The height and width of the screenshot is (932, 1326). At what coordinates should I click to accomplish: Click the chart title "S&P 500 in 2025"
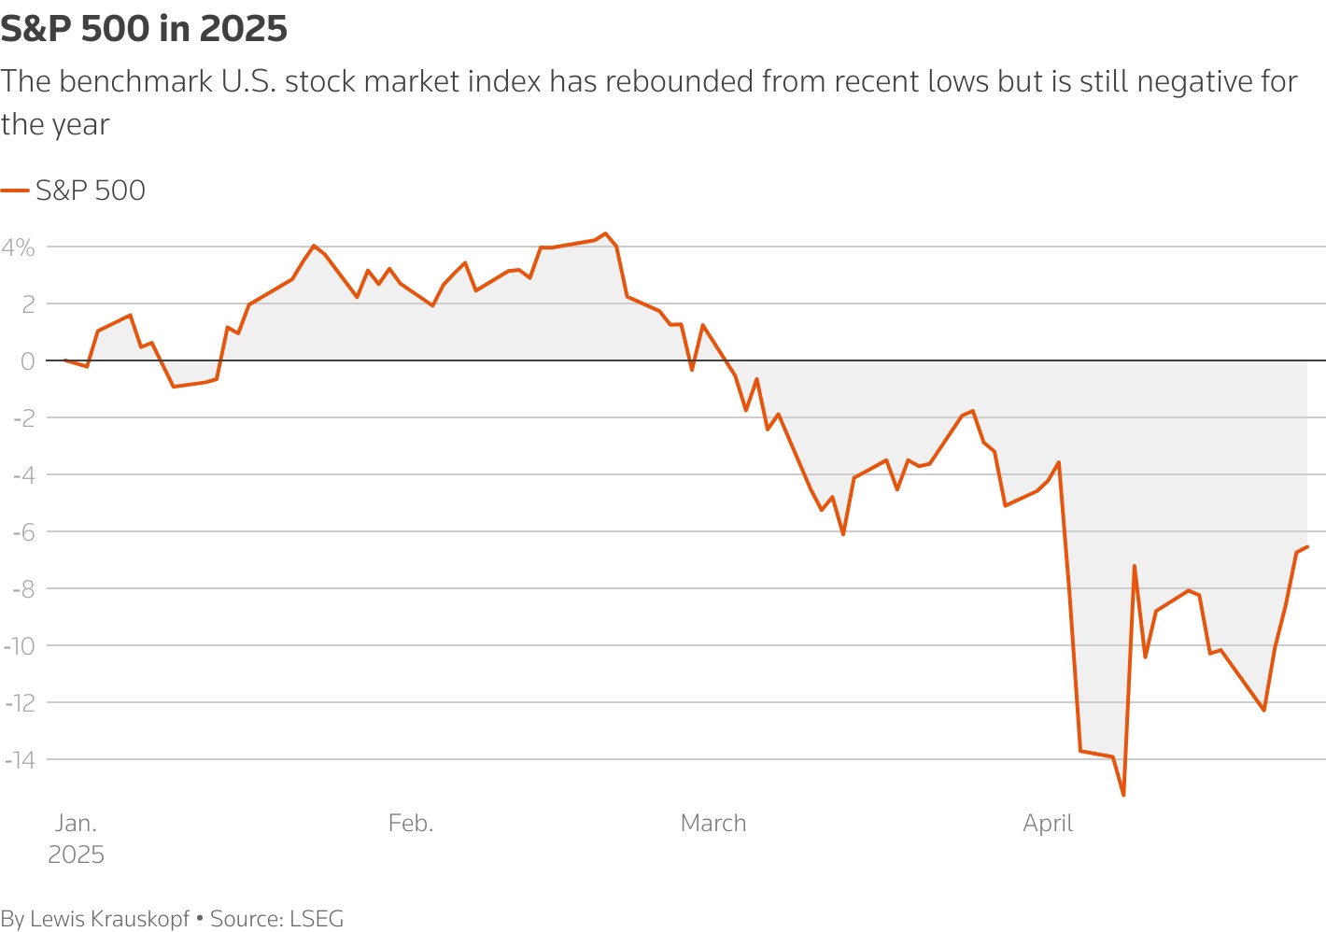(144, 29)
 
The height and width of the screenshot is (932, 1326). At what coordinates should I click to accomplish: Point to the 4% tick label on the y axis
(19, 247)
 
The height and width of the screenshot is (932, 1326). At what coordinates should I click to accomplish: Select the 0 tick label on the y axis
(27, 361)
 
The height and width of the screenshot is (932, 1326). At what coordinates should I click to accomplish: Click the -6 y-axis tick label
(22, 532)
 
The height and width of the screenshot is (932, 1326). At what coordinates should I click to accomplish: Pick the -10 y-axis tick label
(20, 646)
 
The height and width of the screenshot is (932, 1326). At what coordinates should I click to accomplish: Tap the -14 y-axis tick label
(20, 760)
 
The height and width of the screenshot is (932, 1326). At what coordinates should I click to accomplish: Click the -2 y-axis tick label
(22, 418)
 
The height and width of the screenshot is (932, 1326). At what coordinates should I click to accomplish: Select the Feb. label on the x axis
(411, 824)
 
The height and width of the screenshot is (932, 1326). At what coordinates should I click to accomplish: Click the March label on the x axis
(713, 824)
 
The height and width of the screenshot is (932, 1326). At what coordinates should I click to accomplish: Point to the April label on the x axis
(1048, 824)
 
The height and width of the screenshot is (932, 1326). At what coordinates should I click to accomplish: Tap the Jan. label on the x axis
(76, 824)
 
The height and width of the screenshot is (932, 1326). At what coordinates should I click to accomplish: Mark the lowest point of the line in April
(1123, 796)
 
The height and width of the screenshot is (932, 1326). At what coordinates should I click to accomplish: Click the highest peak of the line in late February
(605, 233)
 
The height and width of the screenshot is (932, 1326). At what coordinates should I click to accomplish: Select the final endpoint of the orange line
(1307, 546)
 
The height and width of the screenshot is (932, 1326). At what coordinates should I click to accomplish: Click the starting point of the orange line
(64, 360)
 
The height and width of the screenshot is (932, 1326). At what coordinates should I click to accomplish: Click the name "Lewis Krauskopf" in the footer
(110, 919)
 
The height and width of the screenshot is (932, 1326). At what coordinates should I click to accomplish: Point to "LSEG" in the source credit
(317, 919)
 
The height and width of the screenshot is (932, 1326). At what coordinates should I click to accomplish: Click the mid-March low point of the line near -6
(843, 534)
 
